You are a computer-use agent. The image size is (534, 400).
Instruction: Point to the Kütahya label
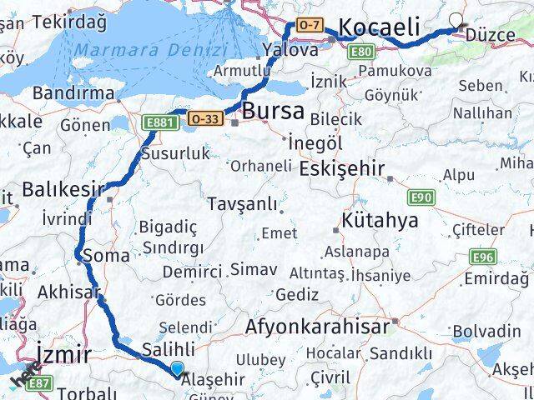click(x=380, y=223)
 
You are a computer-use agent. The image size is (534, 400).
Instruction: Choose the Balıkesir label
click(x=64, y=190)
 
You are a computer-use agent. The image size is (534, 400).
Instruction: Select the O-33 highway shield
click(x=204, y=118)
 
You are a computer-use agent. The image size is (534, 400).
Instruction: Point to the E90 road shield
click(x=421, y=197)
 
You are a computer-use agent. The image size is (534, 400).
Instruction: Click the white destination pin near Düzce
click(x=456, y=22)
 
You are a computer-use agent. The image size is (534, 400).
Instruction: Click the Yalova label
click(x=290, y=50)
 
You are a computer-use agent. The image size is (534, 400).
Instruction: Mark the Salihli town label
click(x=169, y=349)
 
